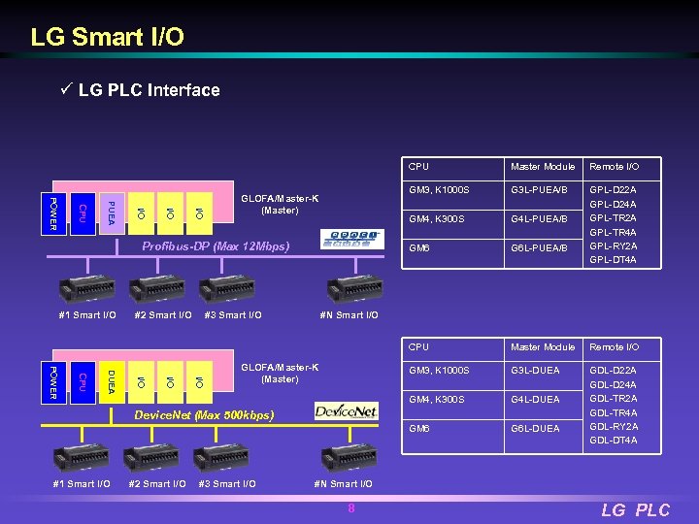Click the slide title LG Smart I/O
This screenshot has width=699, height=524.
(x=107, y=38)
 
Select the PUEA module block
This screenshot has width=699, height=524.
(x=112, y=212)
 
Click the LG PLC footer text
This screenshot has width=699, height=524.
(x=635, y=509)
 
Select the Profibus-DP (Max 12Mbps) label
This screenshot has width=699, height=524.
(x=216, y=246)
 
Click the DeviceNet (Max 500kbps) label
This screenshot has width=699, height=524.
(x=204, y=415)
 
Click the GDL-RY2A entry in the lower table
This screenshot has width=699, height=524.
(x=614, y=427)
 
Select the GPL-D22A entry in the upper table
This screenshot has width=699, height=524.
(x=614, y=190)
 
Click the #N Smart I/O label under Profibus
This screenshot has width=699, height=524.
(x=349, y=315)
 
